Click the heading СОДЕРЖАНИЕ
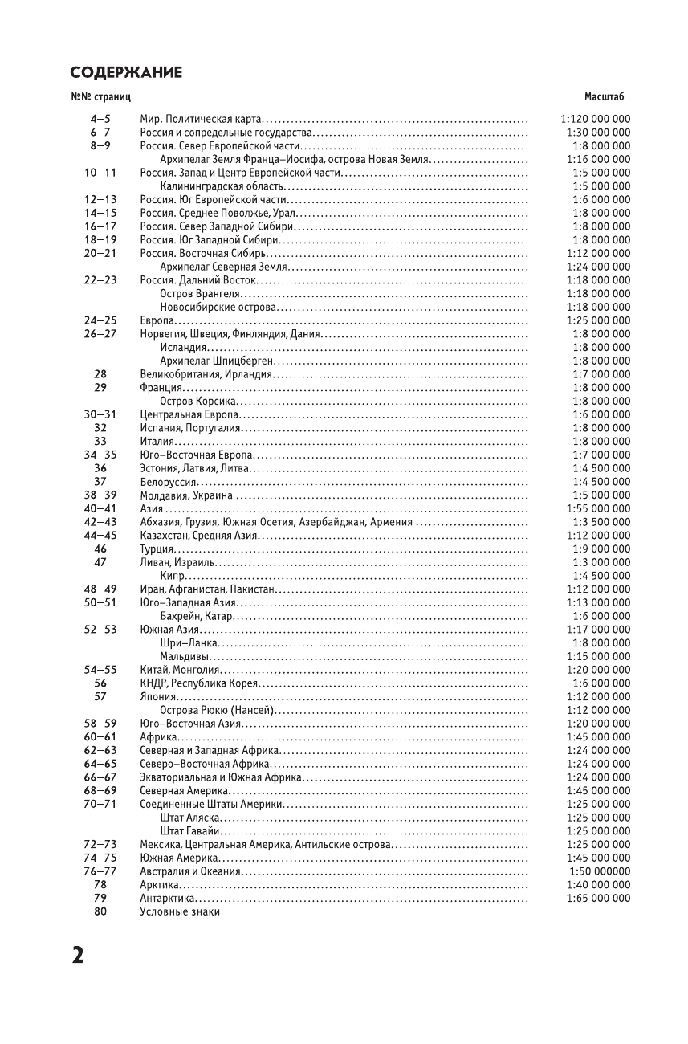126,73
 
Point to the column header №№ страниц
100,97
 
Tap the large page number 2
77,955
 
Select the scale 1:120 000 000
595,119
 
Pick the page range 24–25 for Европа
100,320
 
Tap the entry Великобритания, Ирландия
206,374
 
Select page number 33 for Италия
100,441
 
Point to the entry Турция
157,549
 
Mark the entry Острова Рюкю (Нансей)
217,710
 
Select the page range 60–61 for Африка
100,736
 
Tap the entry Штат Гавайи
190,830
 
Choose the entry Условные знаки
179,911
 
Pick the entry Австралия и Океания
190,871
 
